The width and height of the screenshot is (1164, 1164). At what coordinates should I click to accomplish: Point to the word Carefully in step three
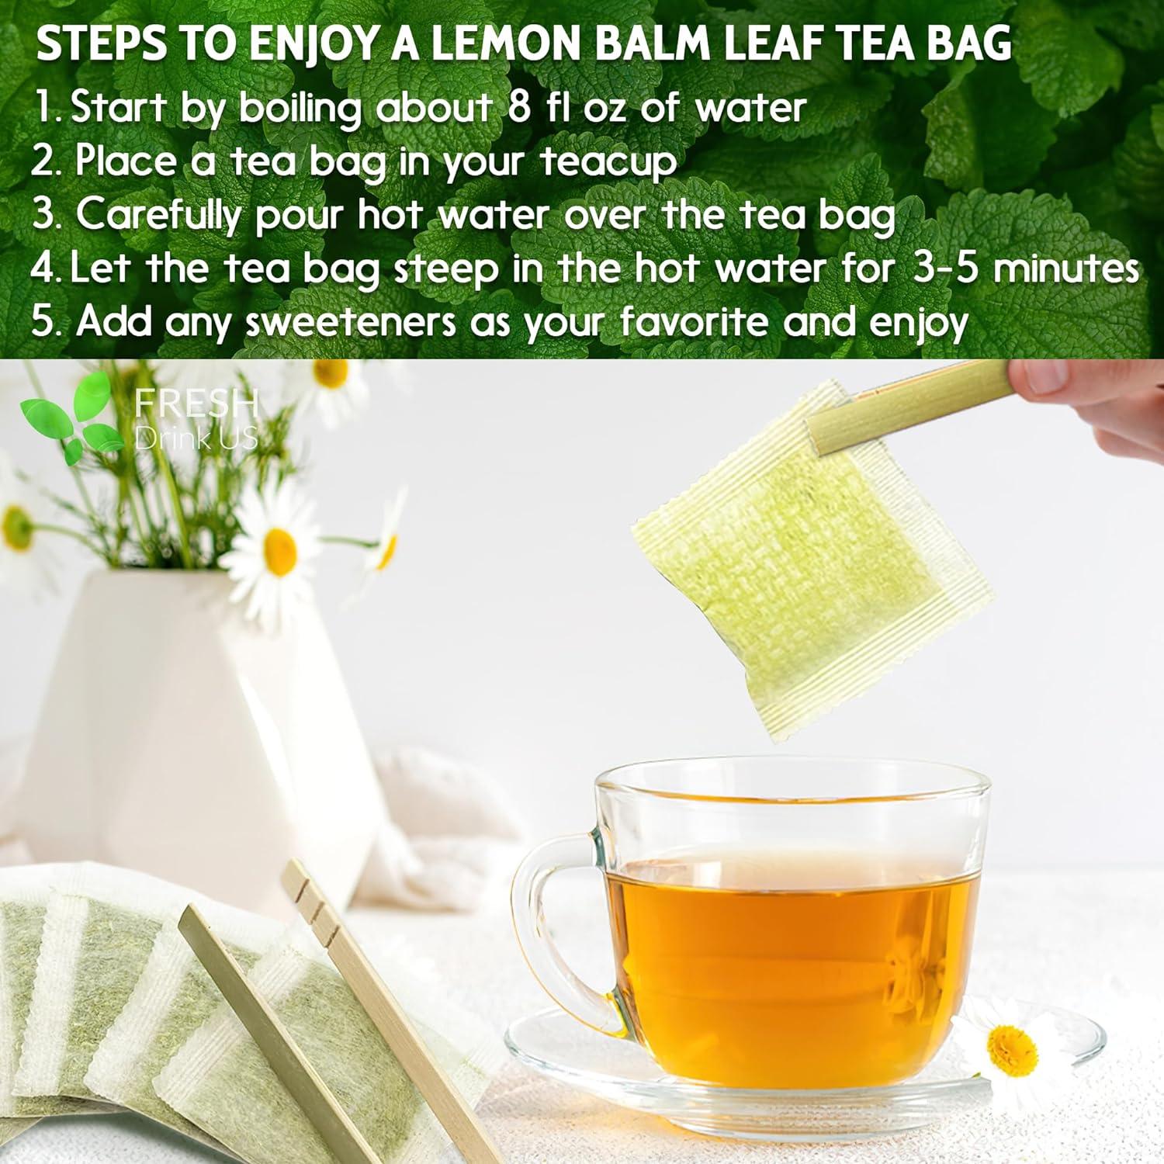[x=159, y=215]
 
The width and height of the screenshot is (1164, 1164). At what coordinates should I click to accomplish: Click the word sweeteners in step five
[x=351, y=321]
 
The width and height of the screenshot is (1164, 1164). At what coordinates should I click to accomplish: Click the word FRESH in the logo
[x=196, y=404]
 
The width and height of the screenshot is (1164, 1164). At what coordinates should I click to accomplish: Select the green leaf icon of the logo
[x=66, y=415]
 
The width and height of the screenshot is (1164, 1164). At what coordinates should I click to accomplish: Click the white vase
[x=194, y=737]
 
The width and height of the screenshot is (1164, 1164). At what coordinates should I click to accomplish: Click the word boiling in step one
[x=300, y=109]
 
